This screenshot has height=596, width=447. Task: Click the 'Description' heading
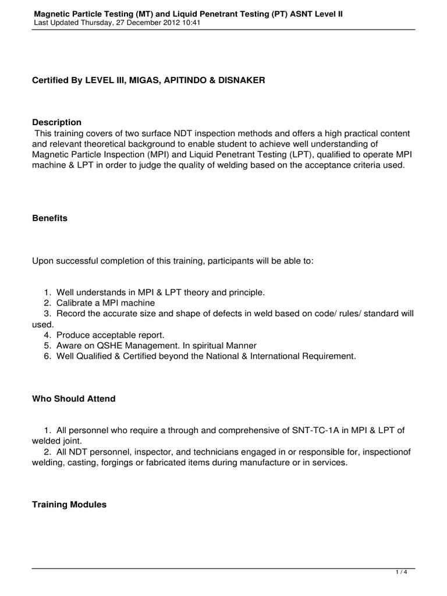(56, 122)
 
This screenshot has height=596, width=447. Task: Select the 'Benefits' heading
(49, 218)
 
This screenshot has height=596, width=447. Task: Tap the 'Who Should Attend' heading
(73, 399)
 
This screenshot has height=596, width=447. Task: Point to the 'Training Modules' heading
(69, 505)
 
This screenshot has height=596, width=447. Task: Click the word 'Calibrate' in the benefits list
(74, 303)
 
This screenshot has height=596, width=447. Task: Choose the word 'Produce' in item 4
(73, 334)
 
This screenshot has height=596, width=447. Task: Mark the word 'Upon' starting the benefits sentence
(42, 261)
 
